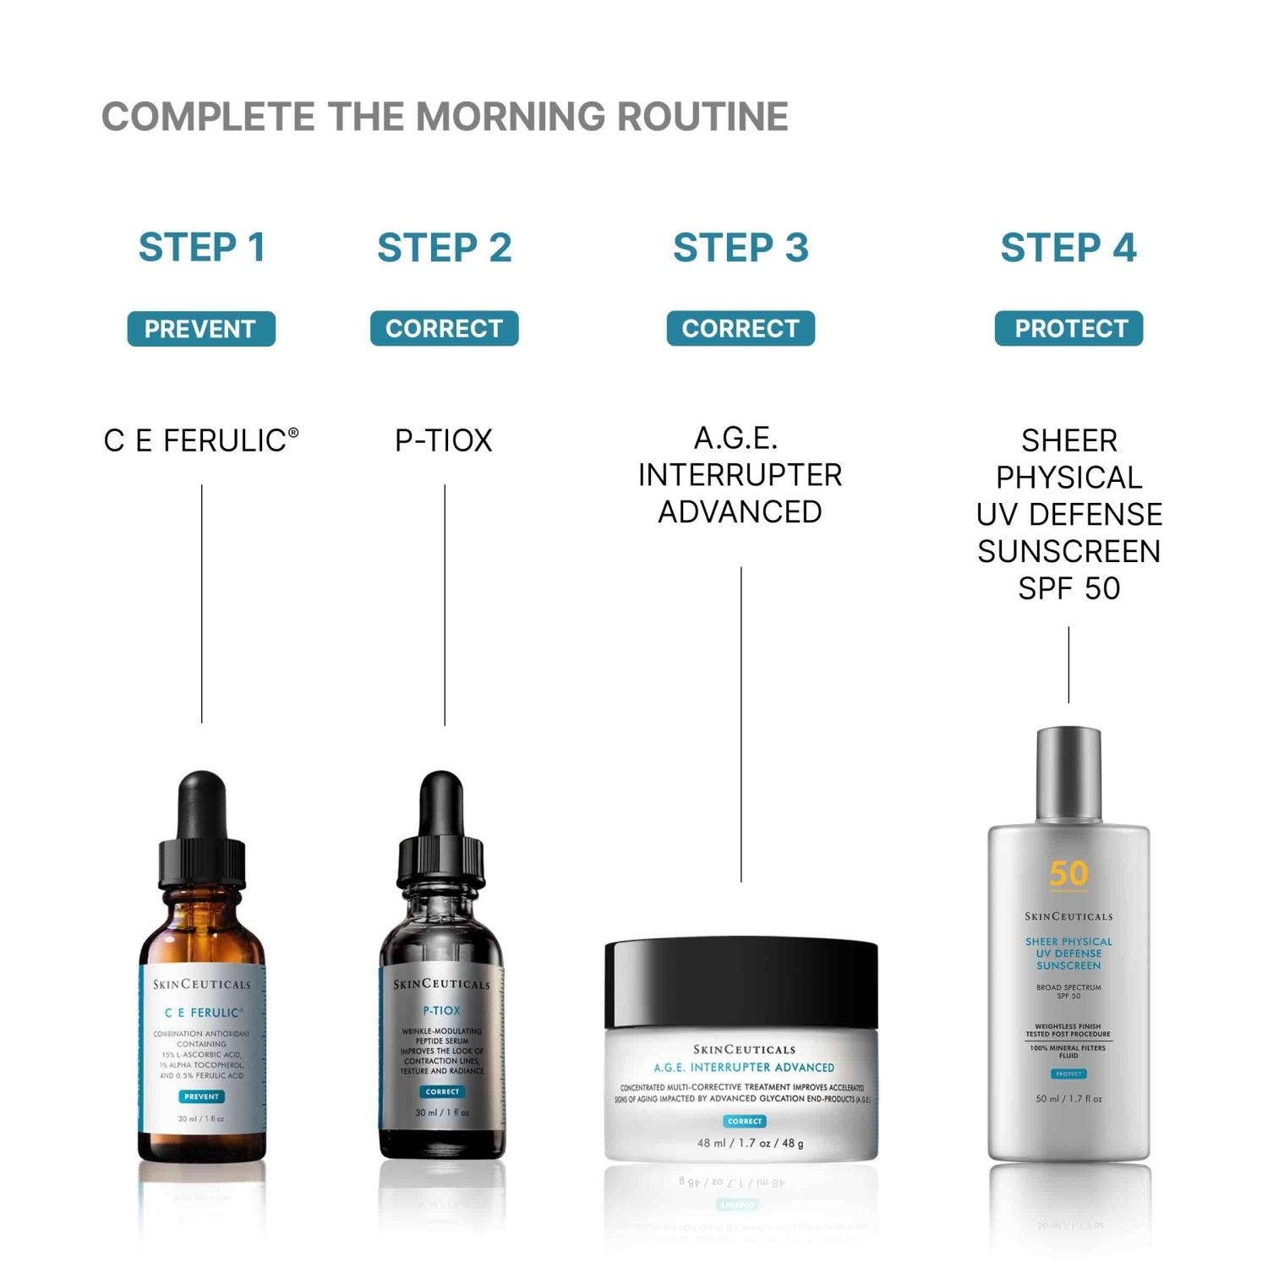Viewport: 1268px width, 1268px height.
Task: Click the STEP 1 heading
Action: tap(202, 248)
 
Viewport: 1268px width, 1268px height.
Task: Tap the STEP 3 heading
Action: tap(741, 248)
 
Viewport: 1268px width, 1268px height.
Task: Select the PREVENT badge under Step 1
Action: tap(201, 329)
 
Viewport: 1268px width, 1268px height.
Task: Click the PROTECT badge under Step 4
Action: tap(1069, 329)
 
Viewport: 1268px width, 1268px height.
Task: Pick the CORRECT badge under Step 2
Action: tap(444, 329)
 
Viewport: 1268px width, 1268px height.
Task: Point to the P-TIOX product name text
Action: tap(444, 440)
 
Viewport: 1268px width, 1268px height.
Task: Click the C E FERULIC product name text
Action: tap(200, 440)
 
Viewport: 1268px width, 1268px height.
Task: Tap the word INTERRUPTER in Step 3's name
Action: tap(741, 475)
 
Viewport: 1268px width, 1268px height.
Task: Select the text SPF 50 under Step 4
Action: tap(1069, 588)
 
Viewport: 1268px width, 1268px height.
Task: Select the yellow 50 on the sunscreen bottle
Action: tap(1069, 874)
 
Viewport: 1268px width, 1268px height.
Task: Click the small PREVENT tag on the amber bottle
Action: tap(201, 1096)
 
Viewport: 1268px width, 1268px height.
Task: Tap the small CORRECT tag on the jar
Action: tap(745, 1121)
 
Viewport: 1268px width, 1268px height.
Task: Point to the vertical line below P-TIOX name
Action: tap(445, 604)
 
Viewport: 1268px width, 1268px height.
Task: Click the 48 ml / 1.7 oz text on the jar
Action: tap(750, 1143)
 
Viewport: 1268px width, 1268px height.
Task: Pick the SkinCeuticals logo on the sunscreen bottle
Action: tap(1069, 916)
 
